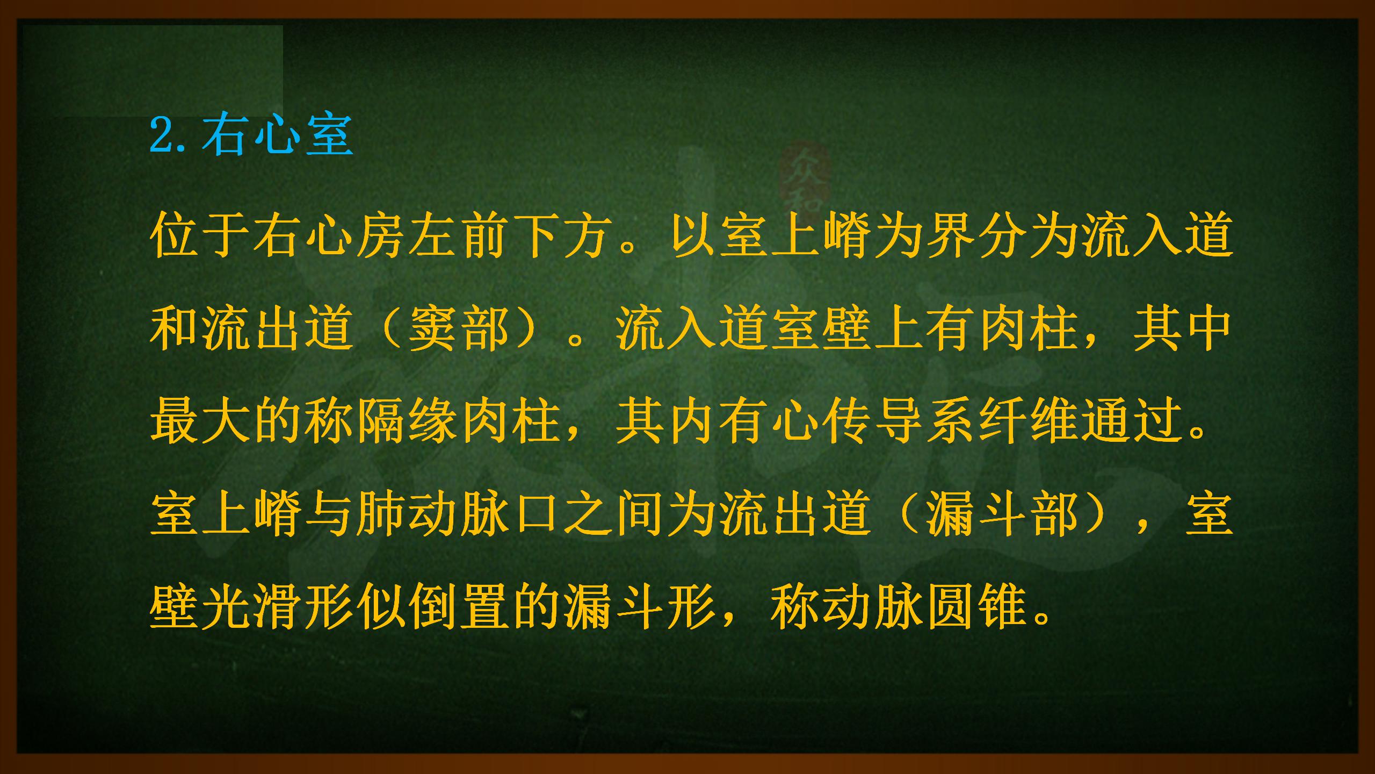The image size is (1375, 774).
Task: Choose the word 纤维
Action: pyautogui.click(x=1027, y=422)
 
